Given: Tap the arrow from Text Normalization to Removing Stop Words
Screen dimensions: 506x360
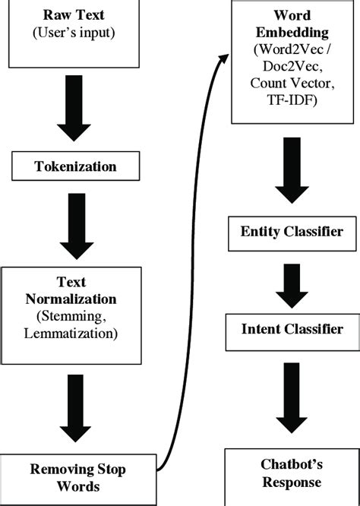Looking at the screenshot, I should (74, 411).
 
